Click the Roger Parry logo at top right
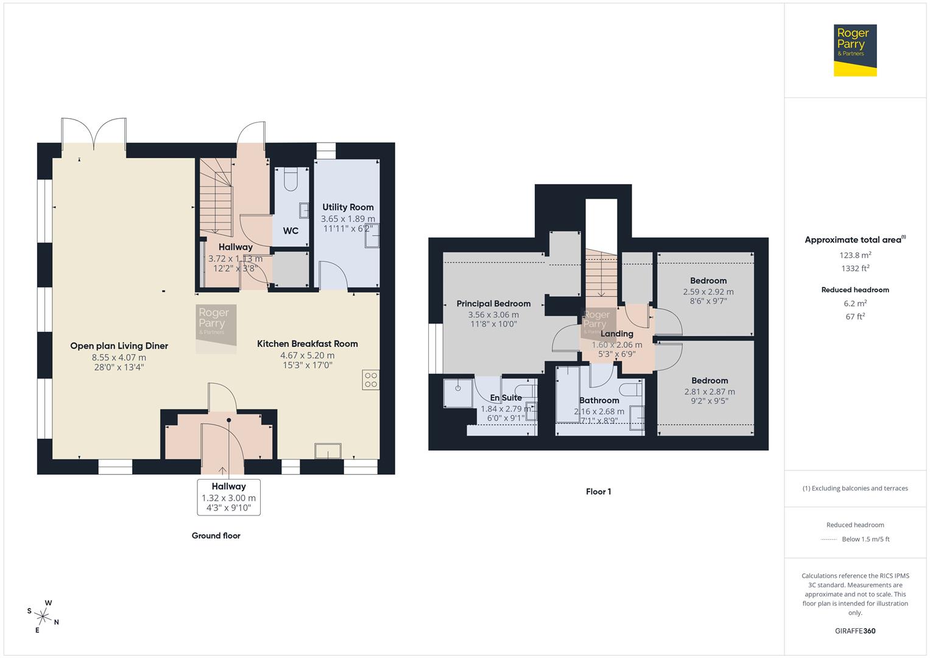(x=854, y=50)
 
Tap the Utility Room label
(x=348, y=207)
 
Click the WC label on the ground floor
(x=291, y=231)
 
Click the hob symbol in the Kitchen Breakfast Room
(x=370, y=380)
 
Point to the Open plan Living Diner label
(x=119, y=345)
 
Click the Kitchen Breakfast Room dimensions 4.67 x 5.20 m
(x=307, y=355)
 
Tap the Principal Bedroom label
(x=493, y=303)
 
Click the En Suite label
(x=506, y=398)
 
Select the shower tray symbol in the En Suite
(x=457, y=393)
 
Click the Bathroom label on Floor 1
(x=599, y=400)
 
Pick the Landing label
(x=616, y=333)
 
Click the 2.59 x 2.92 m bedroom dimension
(x=708, y=292)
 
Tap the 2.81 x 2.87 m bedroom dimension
(x=710, y=392)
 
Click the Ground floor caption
(x=216, y=536)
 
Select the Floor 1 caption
(x=598, y=492)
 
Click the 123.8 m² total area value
(x=855, y=255)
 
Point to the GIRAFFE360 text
(x=854, y=631)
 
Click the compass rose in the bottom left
(x=43, y=616)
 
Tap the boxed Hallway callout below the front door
(x=228, y=497)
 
